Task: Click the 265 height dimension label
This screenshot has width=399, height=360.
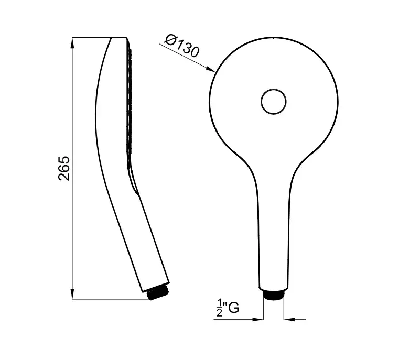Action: pyautogui.click(x=64, y=168)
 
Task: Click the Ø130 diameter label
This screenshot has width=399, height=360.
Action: pyautogui.click(x=181, y=46)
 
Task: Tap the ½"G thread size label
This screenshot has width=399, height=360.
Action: pyautogui.click(x=228, y=308)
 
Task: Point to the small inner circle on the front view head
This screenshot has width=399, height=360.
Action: pyautogui.click(x=274, y=102)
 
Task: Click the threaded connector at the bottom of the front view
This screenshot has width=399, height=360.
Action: pyautogui.click(x=274, y=295)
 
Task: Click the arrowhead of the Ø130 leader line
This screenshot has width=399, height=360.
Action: pyautogui.click(x=211, y=69)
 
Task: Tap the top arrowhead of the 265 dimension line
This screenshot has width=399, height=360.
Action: pyautogui.click(x=72, y=43)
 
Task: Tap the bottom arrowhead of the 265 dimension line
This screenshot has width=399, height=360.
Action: pyautogui.click(x=72, y=294)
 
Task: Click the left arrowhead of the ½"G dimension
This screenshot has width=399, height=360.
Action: pyautogui.click(x=257, y=319)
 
